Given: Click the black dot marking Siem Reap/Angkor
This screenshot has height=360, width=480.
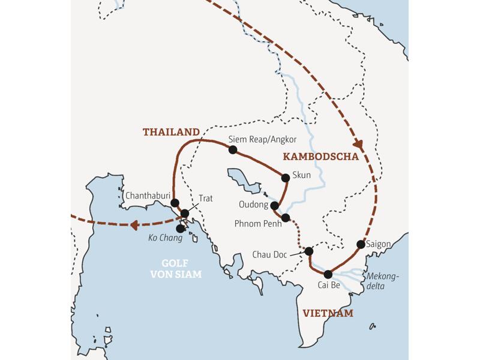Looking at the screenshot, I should coord(233,150).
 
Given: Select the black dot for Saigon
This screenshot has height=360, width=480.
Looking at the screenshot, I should coord(361,244).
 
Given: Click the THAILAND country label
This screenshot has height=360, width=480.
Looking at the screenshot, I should coord(171,132).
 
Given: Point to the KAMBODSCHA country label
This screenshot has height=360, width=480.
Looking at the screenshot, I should coord(319,157).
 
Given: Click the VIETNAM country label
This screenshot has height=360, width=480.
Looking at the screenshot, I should coord(328,313).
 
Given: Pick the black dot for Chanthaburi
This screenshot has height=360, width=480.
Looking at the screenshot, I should coord(175,202).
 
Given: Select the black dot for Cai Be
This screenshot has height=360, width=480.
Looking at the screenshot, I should coord(328,274).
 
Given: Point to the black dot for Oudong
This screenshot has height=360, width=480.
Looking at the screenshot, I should coord(275,206).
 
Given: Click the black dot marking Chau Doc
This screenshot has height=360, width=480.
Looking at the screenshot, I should coord(309,251).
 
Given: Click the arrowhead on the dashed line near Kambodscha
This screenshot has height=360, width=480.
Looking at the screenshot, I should coord(358,145).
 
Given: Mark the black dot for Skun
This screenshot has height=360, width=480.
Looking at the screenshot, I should coord(286,177).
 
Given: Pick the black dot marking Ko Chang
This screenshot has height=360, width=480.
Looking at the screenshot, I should coord(181,229).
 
